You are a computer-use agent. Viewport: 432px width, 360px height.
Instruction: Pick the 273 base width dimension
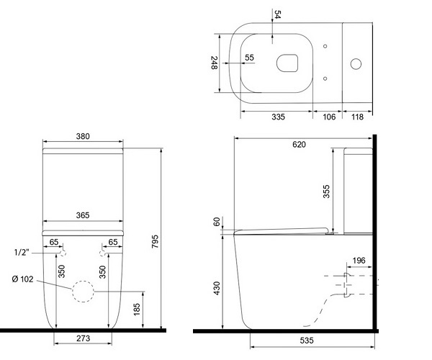pyautogui.click(x=83, y=338)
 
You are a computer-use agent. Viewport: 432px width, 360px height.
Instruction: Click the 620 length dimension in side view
pyautogui.click(x=300, y=144)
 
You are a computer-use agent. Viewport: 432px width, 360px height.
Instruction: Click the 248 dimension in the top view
pyautogui.click(x=214, y=64)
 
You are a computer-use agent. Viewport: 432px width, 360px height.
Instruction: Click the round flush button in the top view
pyautogui.click(x=356, y=63)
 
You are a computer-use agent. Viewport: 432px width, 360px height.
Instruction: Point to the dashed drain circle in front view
pyautogui.click(x=84, y=292)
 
